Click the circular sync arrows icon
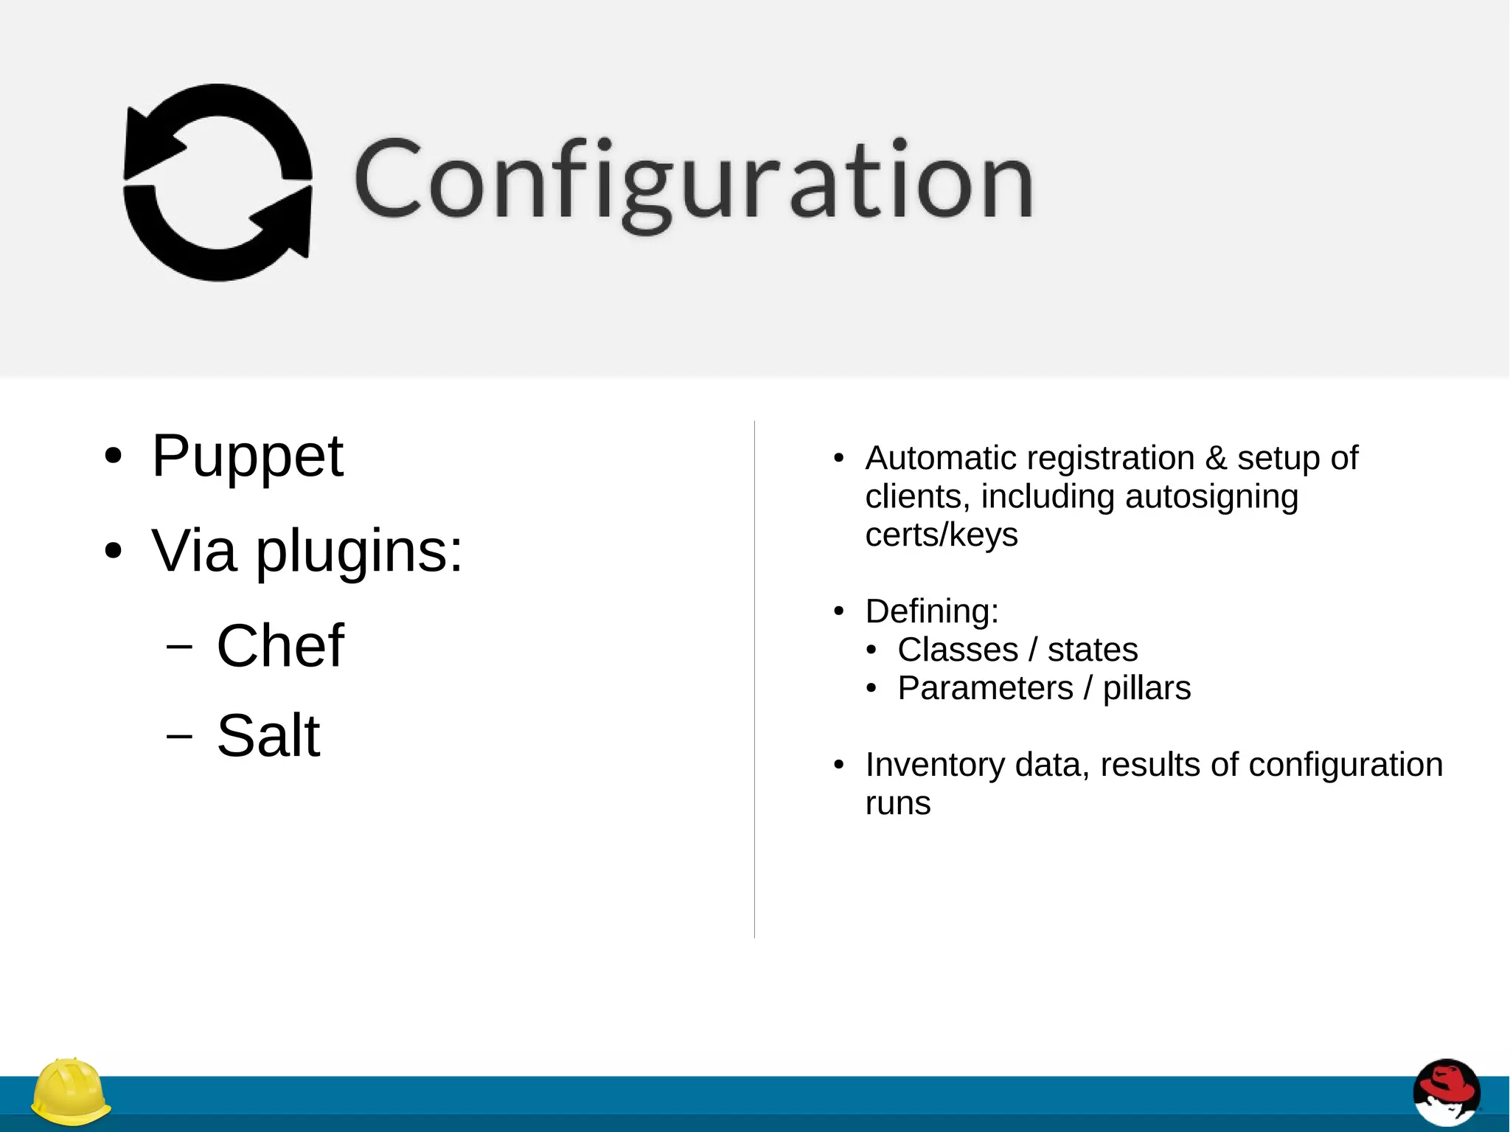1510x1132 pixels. click(218, 182)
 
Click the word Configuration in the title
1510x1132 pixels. click(693, 181)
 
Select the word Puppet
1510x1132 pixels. click(247, 456)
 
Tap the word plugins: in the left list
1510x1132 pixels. click(359, 552)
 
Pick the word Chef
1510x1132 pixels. click(280, 646)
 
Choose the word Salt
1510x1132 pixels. click(268, 736)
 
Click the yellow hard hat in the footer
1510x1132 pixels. click(71, 1092)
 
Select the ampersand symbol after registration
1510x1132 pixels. click(1216, 458)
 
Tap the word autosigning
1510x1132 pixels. click(1211, 496)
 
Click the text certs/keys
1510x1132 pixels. click(942, 535)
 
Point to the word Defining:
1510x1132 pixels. click(932, 611)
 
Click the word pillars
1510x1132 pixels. click(1147, 688)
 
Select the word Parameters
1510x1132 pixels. click(985, 688)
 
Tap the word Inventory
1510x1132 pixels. click(935, 765)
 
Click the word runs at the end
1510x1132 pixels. click(898, 803)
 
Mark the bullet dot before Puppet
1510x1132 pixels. click(112, 456)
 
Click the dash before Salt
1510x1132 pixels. click(179, 736)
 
